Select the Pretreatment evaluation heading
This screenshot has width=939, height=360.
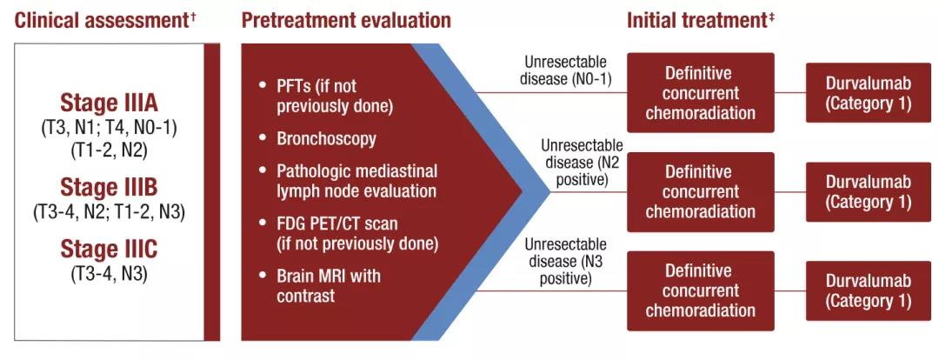coord(346,20)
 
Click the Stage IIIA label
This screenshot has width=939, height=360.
coord(109,103)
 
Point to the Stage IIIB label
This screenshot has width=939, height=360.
coord(109,187)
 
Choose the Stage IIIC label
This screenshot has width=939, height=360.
coord(109,250)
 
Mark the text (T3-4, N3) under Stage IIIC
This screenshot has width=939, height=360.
coord(109,275)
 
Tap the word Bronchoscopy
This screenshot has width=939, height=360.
coord(326,139)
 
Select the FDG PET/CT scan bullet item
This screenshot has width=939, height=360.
coord(350,234)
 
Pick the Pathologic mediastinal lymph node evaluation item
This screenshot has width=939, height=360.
coord(348,182)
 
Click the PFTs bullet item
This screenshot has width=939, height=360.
coord(325,96)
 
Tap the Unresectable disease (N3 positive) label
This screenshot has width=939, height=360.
coord(566,261)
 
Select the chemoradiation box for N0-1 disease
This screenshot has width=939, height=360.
coord(701,92)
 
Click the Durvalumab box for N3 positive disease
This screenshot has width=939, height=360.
coord(869,290)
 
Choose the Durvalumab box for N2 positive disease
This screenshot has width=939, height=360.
coord(869,191)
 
